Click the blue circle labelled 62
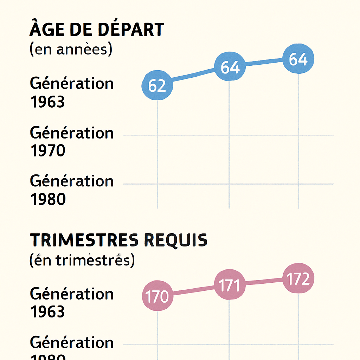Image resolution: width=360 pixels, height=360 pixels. point(157,85)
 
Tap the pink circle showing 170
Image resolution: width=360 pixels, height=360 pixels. point(157,296)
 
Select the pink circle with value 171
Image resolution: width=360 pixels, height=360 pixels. point(229,285)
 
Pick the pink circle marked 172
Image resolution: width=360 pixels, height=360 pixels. point(298,278)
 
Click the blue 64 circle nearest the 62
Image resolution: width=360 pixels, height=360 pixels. point(230,67)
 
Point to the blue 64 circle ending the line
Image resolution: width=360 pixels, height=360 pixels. point(298,59)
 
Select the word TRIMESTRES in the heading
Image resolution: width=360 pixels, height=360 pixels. point(84,240)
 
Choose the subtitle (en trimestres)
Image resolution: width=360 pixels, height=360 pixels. point(82,261)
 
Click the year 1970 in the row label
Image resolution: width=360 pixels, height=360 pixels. point(48,151)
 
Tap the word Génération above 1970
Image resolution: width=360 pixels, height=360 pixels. point(72,133)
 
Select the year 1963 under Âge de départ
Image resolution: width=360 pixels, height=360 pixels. point(48,102)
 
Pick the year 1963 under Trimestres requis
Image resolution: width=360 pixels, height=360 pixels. point(48,312)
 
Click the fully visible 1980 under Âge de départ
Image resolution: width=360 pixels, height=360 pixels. point(48,199)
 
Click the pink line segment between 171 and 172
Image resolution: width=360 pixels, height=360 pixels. point(264,281)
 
